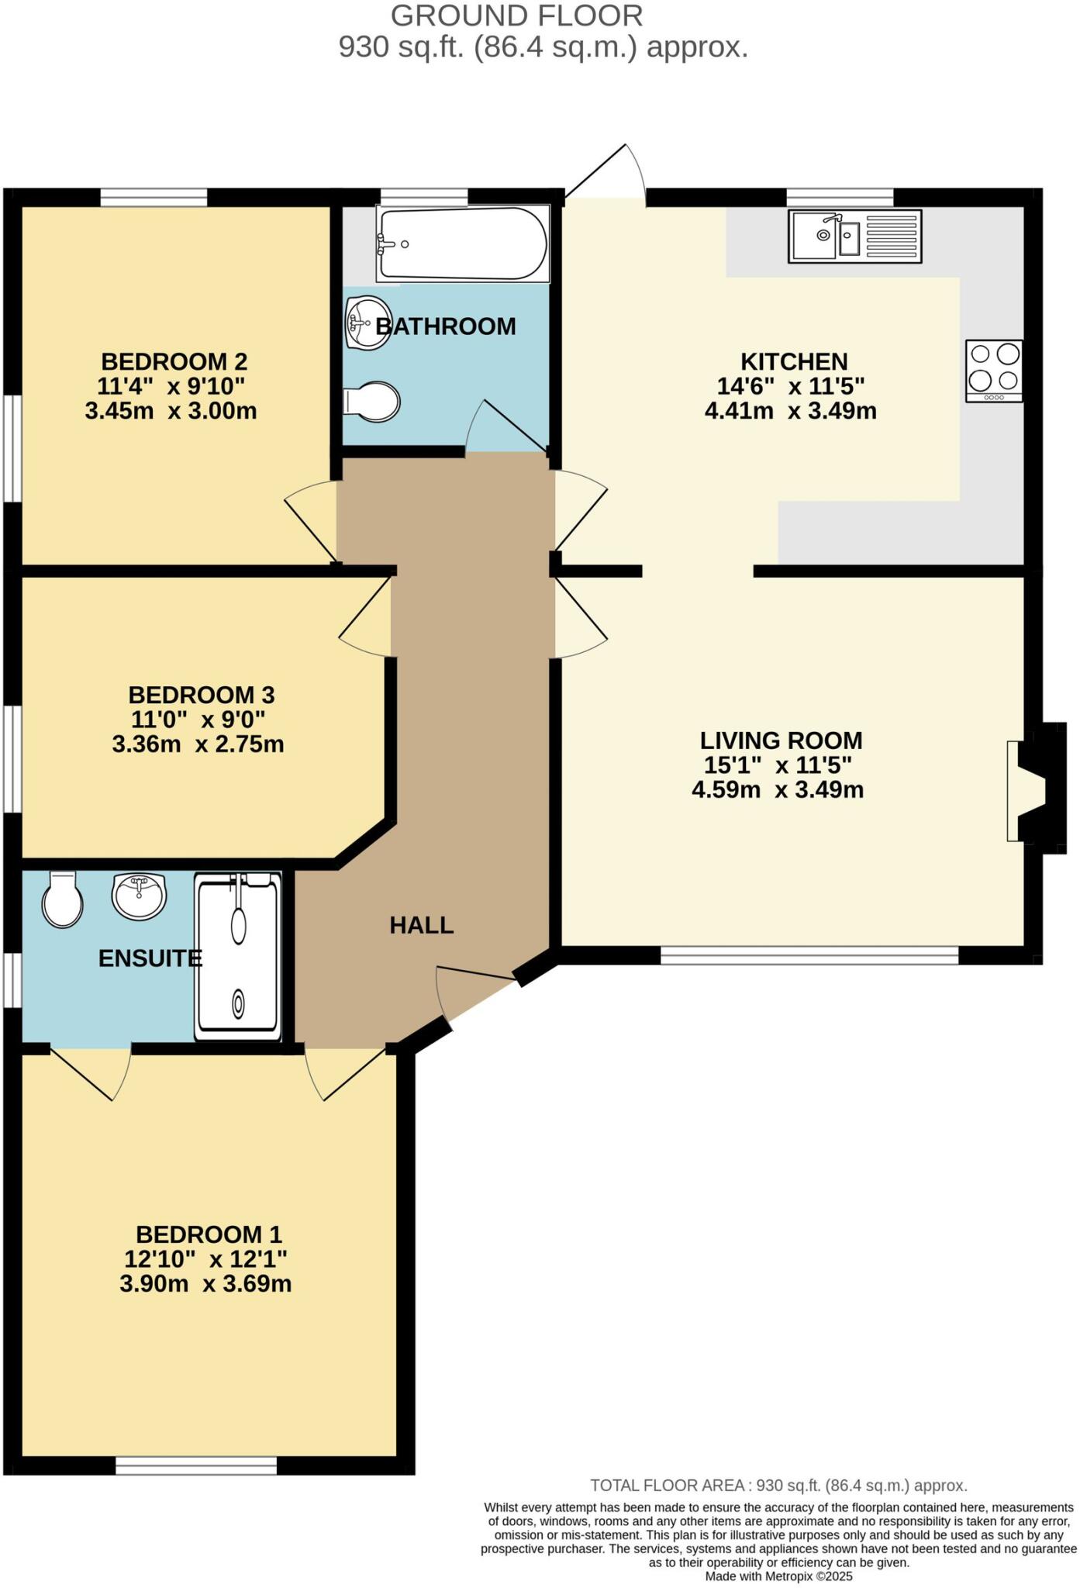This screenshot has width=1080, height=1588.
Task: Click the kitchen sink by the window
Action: click(x=854, y=236)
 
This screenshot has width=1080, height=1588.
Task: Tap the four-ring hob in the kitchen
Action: click(x=994, y=370)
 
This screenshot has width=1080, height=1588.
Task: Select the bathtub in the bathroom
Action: click(x=463, y=243)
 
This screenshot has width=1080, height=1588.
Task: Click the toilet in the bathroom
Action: click(x=373, y=402)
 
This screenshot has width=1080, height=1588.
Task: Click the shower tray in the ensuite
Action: click(x=237, y=955)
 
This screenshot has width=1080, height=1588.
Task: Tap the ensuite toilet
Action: click(x=62, y=899)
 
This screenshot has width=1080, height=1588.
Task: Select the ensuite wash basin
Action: click(x=139, y=896)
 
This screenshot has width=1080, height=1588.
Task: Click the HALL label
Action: click(x=421, y=925)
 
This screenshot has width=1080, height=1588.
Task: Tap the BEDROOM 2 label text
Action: click(x=174, y=361)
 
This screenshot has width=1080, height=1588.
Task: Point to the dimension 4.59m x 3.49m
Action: click(x=778, y=790)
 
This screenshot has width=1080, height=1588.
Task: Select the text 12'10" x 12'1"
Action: click(x=205, y=1258)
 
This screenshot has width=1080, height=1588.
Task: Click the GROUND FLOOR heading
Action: click(x=516, y=16)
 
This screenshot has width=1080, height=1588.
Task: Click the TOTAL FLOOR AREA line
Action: click(x=778, y=1486)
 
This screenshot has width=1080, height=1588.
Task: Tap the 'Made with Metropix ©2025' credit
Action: click(x=778, y=1576)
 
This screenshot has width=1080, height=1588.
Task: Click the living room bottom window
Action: click(x=809, y=955)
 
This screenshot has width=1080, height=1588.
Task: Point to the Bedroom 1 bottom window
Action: click(x=196, y=1465)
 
